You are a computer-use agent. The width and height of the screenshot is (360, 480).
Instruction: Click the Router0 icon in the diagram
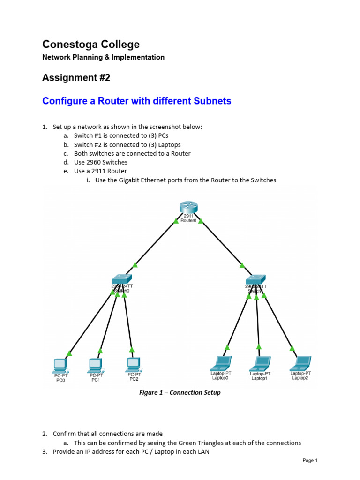click(x=188, y=207)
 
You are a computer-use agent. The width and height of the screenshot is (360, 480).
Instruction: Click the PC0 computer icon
click(x=60, y=364)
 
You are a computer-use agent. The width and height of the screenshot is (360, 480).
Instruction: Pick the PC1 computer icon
click(x=95, y=364)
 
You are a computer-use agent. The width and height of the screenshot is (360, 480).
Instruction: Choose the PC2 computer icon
click(x=134, y=363)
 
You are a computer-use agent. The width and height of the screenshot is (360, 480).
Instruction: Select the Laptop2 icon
click(x=300, y=362)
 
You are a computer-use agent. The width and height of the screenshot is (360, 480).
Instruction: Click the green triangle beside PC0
click(x=69, y=353)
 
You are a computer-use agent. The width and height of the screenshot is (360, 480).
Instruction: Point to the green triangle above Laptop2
click(x=292, y=348)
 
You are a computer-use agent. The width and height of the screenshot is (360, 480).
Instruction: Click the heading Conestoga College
click(x=91, y=45)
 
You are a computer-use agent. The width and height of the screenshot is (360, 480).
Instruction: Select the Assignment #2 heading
click(x=76, y=78)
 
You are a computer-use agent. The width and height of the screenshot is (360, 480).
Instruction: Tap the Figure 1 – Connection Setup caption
click(x=180, y=392)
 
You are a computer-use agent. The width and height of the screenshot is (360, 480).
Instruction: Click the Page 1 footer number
click(x=310, y=461)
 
